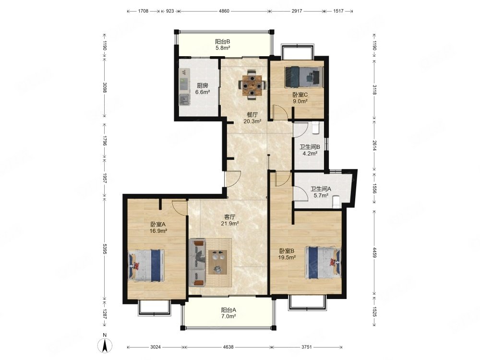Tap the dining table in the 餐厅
click(x=252, y=85)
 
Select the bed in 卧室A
click(x=146, y=265)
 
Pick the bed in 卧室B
click(x=323, y=263)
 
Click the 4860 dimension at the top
click(x=224, y=11)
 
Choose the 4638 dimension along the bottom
click(x=228, y=347)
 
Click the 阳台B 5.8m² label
click(x=223, y=45)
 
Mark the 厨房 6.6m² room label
click(x=203, y=89)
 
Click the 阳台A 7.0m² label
click(x=228, y=313)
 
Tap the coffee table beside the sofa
click(x=217, y=262)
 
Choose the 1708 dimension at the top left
click(x=143, y=11)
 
